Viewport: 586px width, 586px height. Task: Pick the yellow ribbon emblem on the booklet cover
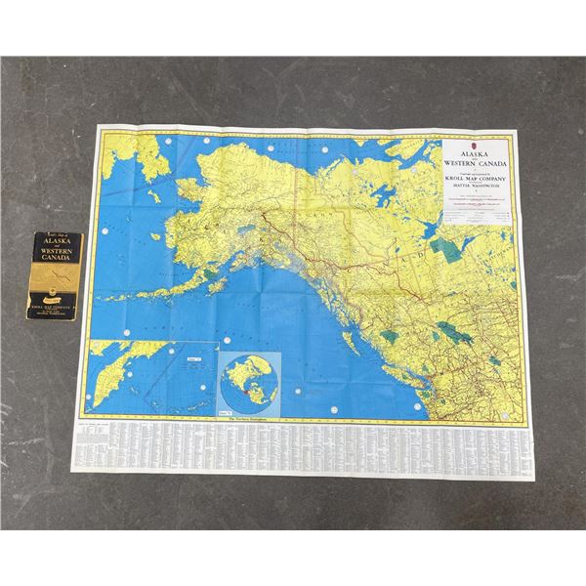pyautogui.click(x=62, y=279)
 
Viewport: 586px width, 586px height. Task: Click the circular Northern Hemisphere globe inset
pyautogui.click(x=250, y=379)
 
